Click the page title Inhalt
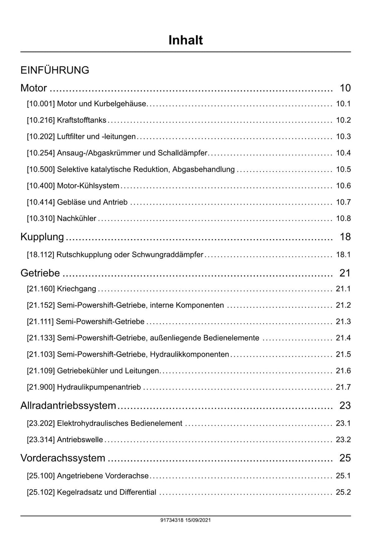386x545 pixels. click(x=185, y=40)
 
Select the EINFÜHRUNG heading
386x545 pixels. click(x=55, y=70)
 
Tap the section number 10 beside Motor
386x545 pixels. click(x=345, y=88)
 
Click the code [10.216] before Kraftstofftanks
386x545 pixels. click(x=41, y=121)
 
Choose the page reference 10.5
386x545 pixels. click(x=343, y=169)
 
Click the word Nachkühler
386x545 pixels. click(x=77, y=219)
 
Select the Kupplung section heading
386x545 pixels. click(x=42, y=237)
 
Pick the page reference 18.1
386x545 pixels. click(x=343, y=255)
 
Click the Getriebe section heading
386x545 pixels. click(x=40, y=273)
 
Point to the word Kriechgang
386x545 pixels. click(x=77, y=289)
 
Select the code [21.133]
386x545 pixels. click(x=41, y=338)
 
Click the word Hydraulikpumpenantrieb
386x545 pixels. click(x=99, y=388)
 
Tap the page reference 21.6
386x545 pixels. click(x=343, y=371)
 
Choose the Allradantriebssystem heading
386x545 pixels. click(x=68, y=406)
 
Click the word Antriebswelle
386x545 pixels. click(x=80, y=440)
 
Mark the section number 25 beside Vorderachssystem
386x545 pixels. click(x=345, y=458)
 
